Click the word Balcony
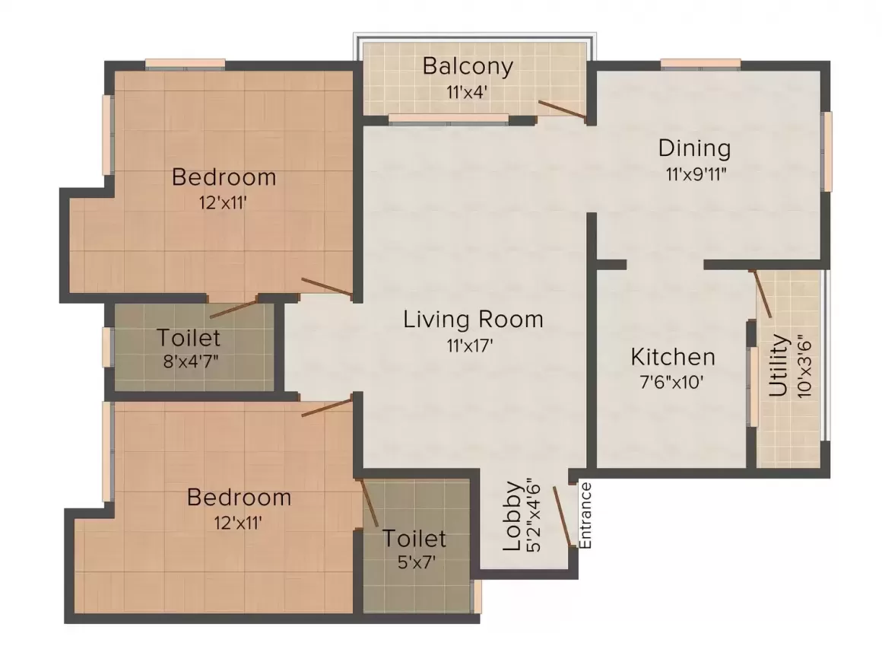468,67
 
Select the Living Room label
473,319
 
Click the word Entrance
585,515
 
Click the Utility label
778,366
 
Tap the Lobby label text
513,516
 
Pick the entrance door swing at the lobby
563,517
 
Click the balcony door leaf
561,110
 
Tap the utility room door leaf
761,294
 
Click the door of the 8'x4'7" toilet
233,309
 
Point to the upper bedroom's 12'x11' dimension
223,203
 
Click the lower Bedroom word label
239,498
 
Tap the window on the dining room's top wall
700,64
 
